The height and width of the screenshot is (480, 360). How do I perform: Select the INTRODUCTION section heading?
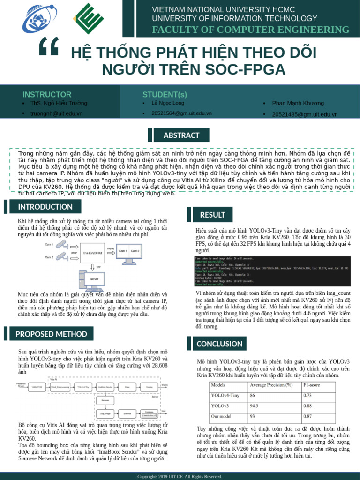coord(45,207)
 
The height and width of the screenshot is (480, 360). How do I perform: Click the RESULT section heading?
coord(212,215)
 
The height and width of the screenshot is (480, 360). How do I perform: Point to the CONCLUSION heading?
coord(219,344)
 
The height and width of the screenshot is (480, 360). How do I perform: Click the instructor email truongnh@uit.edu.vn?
coord(56,114)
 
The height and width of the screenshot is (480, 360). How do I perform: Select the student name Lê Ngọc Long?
coord(167,103)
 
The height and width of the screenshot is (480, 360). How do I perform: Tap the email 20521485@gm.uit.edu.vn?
coord(305,114)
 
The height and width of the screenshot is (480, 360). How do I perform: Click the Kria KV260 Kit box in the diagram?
coord(92,253)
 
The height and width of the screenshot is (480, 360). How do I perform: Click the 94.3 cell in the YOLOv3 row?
coord(255,406)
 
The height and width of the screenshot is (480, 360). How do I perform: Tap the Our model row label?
coord(222,416)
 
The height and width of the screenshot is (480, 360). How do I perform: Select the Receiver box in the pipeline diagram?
coord(105,400)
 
